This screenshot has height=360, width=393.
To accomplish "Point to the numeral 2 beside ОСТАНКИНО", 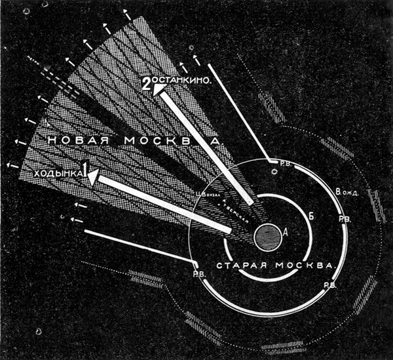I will point(147,84).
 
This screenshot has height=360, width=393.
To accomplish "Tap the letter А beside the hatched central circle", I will point(284,231).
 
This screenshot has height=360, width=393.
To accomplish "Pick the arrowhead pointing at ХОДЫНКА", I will point(93,176).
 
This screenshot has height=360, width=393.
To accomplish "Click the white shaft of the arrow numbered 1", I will point(164,203).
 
